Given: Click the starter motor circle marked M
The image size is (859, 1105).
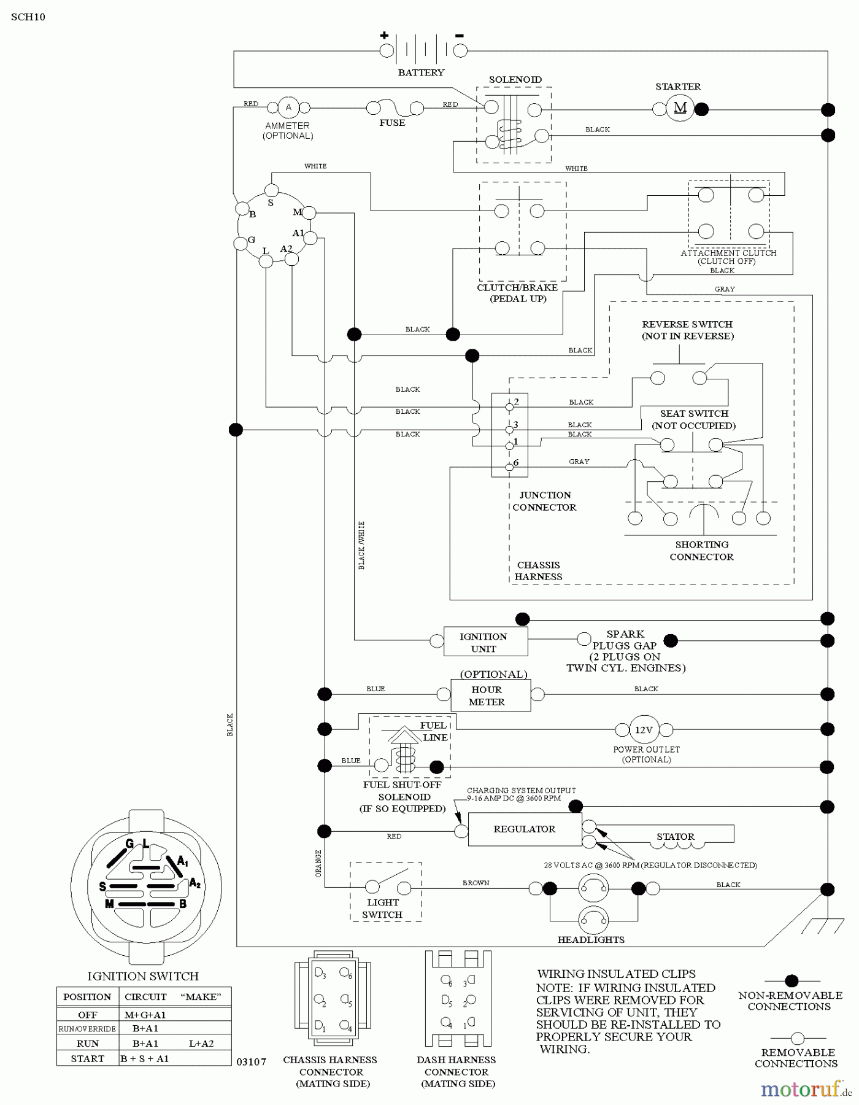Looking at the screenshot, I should (x=680, y=108).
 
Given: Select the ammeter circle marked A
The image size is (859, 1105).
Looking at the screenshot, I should (x=288, y=107).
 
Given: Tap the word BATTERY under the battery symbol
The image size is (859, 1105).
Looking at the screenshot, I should (x=421, y=72).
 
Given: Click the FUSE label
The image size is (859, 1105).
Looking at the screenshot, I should (x=392, y=123).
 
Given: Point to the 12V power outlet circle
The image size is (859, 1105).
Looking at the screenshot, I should (x=644, y=730).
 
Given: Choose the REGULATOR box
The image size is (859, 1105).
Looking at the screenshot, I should (x=525, y=829).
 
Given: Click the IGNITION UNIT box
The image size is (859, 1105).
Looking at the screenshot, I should (x=485, y=642).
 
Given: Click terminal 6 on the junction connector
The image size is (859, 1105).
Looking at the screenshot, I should (x=509, y=467).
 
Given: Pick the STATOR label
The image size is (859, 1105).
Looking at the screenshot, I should (x=676, y=836).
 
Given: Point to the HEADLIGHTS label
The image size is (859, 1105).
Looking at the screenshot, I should (x=591, y=939).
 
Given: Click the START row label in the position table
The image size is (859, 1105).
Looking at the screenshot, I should (x=87, y=1058).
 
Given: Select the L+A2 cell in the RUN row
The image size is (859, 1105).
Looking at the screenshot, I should (x=201, y=1043).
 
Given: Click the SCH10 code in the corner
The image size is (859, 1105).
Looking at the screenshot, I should (x=28, y=17).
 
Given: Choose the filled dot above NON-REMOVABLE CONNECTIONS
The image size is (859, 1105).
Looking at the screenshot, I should (x=792, y=980).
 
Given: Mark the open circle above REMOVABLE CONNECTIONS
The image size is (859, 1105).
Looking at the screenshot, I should (x=797, y=1039).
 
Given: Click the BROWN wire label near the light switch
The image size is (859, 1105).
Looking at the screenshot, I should (x=476, y=883).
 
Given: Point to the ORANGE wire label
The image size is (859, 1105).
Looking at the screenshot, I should (x=318, y=863).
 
